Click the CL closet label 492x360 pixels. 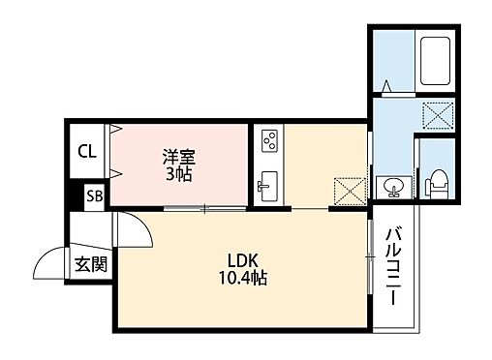87,151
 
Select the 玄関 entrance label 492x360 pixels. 91,262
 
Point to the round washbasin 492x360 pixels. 393,185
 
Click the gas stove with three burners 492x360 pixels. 269,141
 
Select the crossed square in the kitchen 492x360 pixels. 346,191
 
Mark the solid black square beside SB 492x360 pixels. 74,195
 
